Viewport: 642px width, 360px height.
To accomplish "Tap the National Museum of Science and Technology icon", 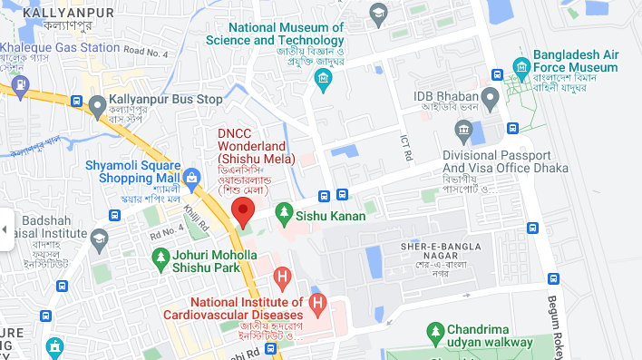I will tap(323, 83).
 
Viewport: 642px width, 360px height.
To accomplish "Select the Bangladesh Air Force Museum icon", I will tap(520, 68).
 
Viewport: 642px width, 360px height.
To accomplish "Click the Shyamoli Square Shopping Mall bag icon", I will tap(191, 177).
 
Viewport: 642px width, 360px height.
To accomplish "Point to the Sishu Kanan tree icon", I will tap(284, 215).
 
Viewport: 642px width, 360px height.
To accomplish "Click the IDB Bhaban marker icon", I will tap(490, 96).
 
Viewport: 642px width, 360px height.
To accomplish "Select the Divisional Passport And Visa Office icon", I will tap(463, 134).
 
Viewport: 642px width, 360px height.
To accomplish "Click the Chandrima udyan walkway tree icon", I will tap(434, 335).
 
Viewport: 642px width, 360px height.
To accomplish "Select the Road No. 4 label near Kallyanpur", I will tap(147, 52).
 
